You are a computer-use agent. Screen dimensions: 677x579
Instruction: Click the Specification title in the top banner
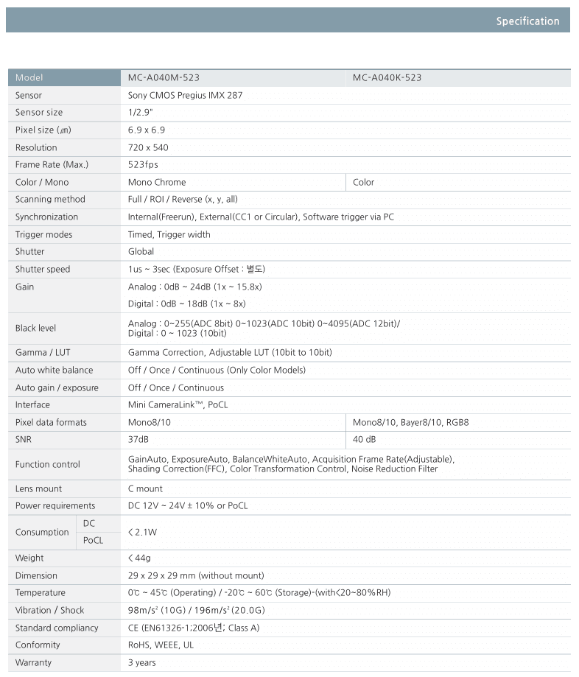coord(527,21)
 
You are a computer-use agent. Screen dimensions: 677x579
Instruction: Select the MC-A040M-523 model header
coord(164,77)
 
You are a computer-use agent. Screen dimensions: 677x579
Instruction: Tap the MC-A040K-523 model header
coord(387,77)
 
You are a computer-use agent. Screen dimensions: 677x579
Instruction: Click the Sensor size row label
coord(39,113)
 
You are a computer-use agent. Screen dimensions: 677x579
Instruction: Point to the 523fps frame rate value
coord(143,164)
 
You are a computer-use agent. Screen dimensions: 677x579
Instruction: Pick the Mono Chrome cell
coord(157,182)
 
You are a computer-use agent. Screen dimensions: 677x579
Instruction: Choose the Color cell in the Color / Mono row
coord(363,182)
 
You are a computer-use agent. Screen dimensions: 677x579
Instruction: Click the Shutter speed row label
coord(43,269)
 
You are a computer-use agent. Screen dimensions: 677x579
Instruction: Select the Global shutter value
coord(141,251)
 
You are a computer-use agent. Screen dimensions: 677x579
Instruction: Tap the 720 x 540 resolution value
coord(148,147)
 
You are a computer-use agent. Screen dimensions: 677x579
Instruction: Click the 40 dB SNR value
coord(364,439)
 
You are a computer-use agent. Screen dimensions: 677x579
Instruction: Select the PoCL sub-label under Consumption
coord(93,541)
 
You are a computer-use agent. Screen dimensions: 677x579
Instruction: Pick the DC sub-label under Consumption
coord(88,522)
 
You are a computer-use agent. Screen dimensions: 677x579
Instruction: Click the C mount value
coord(145,488)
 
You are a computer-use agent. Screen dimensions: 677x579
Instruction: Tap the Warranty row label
coord(34,662)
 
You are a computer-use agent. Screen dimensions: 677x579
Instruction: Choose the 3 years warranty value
coord(142,662)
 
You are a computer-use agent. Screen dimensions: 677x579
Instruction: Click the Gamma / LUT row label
coord(43,352)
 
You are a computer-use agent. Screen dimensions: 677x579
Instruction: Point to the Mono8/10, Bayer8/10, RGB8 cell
coord(410,422)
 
